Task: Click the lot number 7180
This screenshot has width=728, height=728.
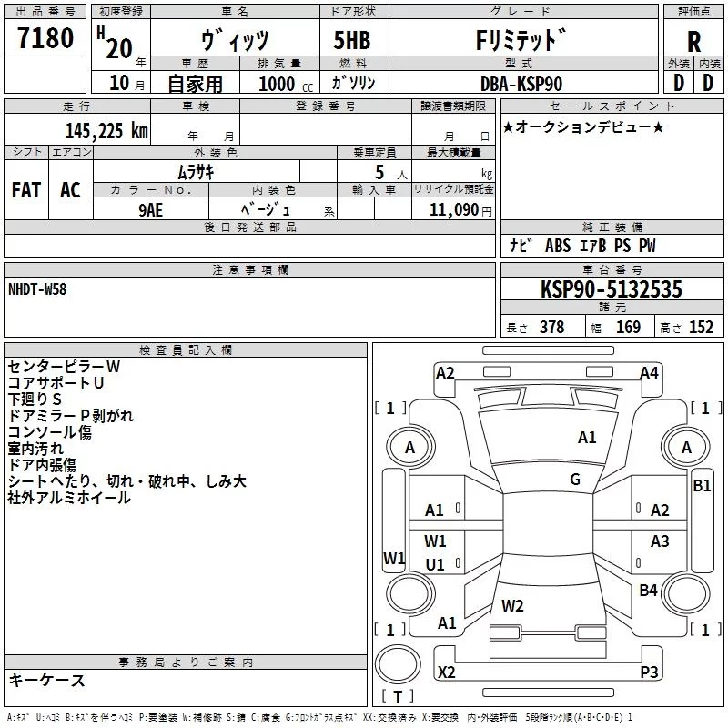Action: click(45, 38)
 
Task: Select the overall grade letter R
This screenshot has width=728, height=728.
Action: click(693, 42)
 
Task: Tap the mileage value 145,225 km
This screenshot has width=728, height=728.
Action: click(106, 131)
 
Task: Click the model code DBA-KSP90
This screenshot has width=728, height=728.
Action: click(521, 84)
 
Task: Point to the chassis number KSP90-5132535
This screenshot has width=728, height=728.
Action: click(612, 289)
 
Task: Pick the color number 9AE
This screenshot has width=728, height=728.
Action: click(150, 210)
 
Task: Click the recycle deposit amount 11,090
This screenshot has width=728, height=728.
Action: click(453, 210)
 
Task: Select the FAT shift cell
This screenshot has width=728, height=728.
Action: click(26, 190)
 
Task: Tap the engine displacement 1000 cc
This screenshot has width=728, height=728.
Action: click(286, 85)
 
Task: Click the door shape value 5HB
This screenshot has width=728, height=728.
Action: click(352, 40)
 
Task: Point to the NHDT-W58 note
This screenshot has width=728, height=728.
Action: click(37, 289)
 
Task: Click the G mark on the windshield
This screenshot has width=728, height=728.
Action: click(575, 480)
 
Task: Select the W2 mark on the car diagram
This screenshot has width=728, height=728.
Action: click(512, 605)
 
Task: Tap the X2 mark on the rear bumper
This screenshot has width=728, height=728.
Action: click(446, 672)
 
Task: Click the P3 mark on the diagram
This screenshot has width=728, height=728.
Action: click(649, 672)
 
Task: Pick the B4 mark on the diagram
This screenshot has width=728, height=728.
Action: click(648, 590)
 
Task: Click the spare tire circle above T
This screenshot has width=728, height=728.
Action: click(398, 664)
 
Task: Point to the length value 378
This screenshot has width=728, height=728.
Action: click(552, 327)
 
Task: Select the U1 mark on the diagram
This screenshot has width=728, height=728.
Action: click(435, 564)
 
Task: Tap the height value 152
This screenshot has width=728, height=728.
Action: click(701, 327)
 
